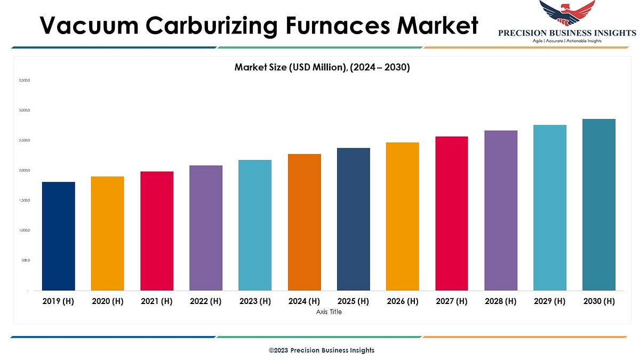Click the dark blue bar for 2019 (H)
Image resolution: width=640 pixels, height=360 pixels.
58,236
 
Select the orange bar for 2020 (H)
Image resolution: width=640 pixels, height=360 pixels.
107,234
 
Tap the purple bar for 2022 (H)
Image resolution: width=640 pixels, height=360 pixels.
206,228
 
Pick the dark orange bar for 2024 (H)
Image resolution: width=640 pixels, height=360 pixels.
304,222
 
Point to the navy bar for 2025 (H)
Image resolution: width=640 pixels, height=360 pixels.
353,219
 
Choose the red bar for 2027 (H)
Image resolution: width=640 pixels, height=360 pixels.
452,213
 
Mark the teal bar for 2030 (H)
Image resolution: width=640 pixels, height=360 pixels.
599,205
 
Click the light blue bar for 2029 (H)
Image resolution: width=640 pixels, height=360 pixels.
550,208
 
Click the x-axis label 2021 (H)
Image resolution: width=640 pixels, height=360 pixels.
156,301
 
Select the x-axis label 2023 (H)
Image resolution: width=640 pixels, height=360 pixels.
254,301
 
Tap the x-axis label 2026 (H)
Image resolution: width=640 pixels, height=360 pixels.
402,301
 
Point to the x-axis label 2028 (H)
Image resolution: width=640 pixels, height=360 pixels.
501,301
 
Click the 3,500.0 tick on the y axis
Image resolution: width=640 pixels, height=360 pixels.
25,81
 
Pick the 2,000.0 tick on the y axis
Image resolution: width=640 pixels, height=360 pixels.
25,171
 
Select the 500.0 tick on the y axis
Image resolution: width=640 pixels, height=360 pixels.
26,261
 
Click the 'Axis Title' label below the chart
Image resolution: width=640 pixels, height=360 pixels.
329,312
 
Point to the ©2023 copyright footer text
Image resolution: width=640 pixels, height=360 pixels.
321,350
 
